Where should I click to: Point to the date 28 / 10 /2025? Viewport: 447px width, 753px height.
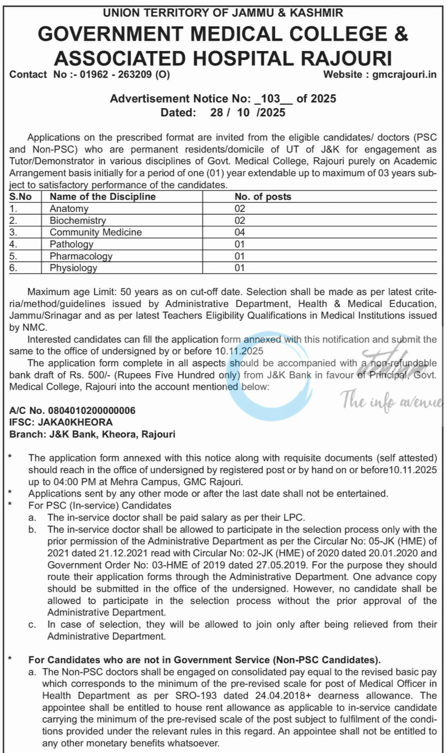(x=247, y=112)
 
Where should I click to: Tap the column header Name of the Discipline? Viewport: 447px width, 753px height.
(x=103, y=197)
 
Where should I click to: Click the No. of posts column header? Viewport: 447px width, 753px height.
(x=263, y=197)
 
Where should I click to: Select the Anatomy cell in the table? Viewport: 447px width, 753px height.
(x=69, y=209)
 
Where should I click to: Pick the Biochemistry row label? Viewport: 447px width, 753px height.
(x=78, y=220)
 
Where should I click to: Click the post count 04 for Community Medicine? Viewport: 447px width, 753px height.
(x=240, y=232)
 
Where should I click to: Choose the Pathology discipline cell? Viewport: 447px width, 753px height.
(x=71, y=244)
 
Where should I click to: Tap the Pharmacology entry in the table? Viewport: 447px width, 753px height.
(x=81, y=256)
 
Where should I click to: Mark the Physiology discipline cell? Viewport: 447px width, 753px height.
(x=73, y=268)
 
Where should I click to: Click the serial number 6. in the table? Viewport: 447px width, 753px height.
(x=14, y=268)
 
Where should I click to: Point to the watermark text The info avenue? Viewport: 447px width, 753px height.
(x=392, y=402)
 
